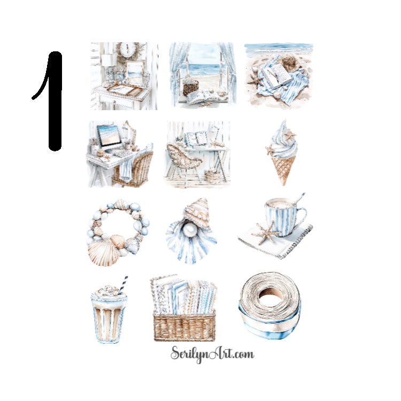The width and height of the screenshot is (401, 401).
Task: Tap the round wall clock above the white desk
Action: (x=128, y=49)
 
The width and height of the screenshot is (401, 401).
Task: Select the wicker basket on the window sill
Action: (x=190, y=87)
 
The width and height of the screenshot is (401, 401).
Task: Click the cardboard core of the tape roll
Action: (x=269, y=293)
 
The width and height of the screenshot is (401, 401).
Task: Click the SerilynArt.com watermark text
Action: (x=212, y=353)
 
